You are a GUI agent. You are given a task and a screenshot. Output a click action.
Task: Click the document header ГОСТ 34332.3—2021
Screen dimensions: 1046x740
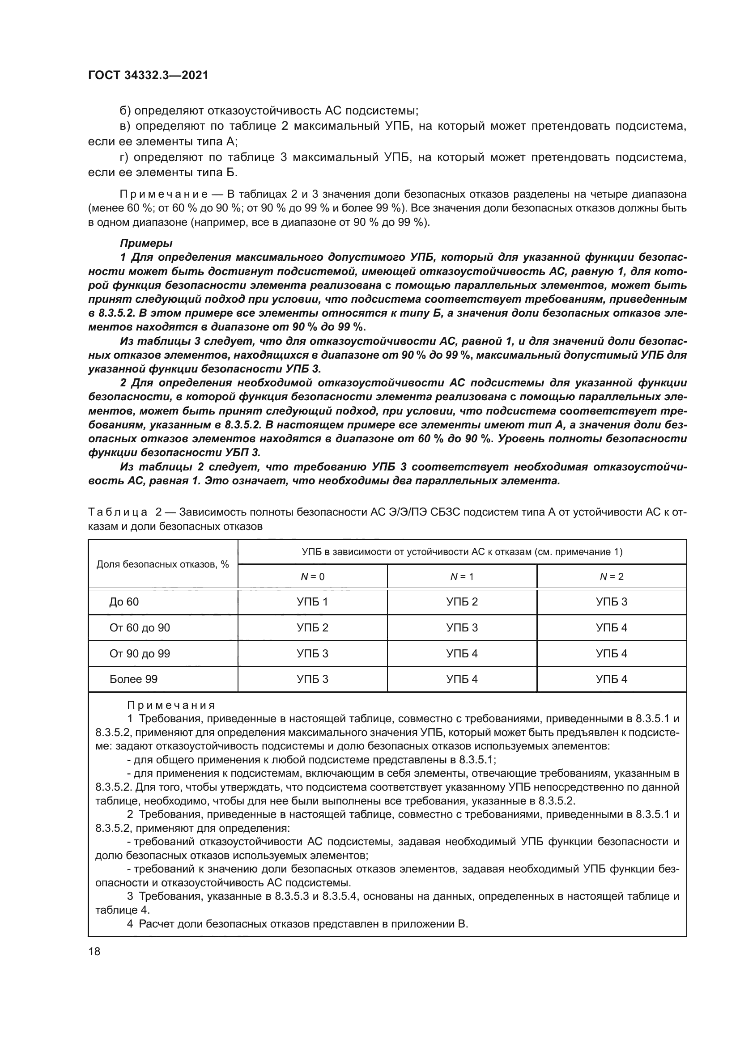[x=148, y=76]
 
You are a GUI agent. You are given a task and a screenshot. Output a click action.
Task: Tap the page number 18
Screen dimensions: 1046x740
[x=94, y=951]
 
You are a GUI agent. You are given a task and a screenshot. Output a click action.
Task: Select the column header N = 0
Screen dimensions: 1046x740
[x=313, y=577]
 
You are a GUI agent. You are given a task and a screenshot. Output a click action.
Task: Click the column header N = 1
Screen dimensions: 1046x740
[x=462, y=577]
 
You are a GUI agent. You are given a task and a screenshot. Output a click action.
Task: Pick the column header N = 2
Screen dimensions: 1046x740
[x=612, y=577]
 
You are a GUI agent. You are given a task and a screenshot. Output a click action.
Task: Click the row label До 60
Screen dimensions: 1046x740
[x=124, y=602]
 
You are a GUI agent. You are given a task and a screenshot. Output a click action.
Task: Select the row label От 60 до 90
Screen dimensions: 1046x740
[x=140, y=628]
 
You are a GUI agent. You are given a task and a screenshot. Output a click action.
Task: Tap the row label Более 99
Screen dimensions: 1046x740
[x=133, y=679]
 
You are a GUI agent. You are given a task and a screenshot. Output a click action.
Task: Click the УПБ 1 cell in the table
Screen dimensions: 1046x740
[x=313, y=602]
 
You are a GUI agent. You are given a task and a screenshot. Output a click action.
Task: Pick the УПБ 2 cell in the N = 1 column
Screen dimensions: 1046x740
[x=462, y=602]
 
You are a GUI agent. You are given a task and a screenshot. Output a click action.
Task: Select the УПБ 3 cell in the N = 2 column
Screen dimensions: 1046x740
[x=612, y=602]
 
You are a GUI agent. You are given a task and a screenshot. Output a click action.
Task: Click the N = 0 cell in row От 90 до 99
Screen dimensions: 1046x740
[x=313, y=654]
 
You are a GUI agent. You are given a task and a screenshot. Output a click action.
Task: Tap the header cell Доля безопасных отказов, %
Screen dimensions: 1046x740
[x=163, y=564]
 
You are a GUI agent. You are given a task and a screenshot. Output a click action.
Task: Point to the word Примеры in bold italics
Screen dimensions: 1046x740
[x=146, y=243]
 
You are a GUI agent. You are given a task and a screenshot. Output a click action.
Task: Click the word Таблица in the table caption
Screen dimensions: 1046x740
[x=118, y=512]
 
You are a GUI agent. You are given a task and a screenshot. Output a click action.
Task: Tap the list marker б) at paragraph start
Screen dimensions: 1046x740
[x=125, y=111]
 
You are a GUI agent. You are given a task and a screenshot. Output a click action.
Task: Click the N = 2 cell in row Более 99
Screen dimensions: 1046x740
[x=612, y=679]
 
